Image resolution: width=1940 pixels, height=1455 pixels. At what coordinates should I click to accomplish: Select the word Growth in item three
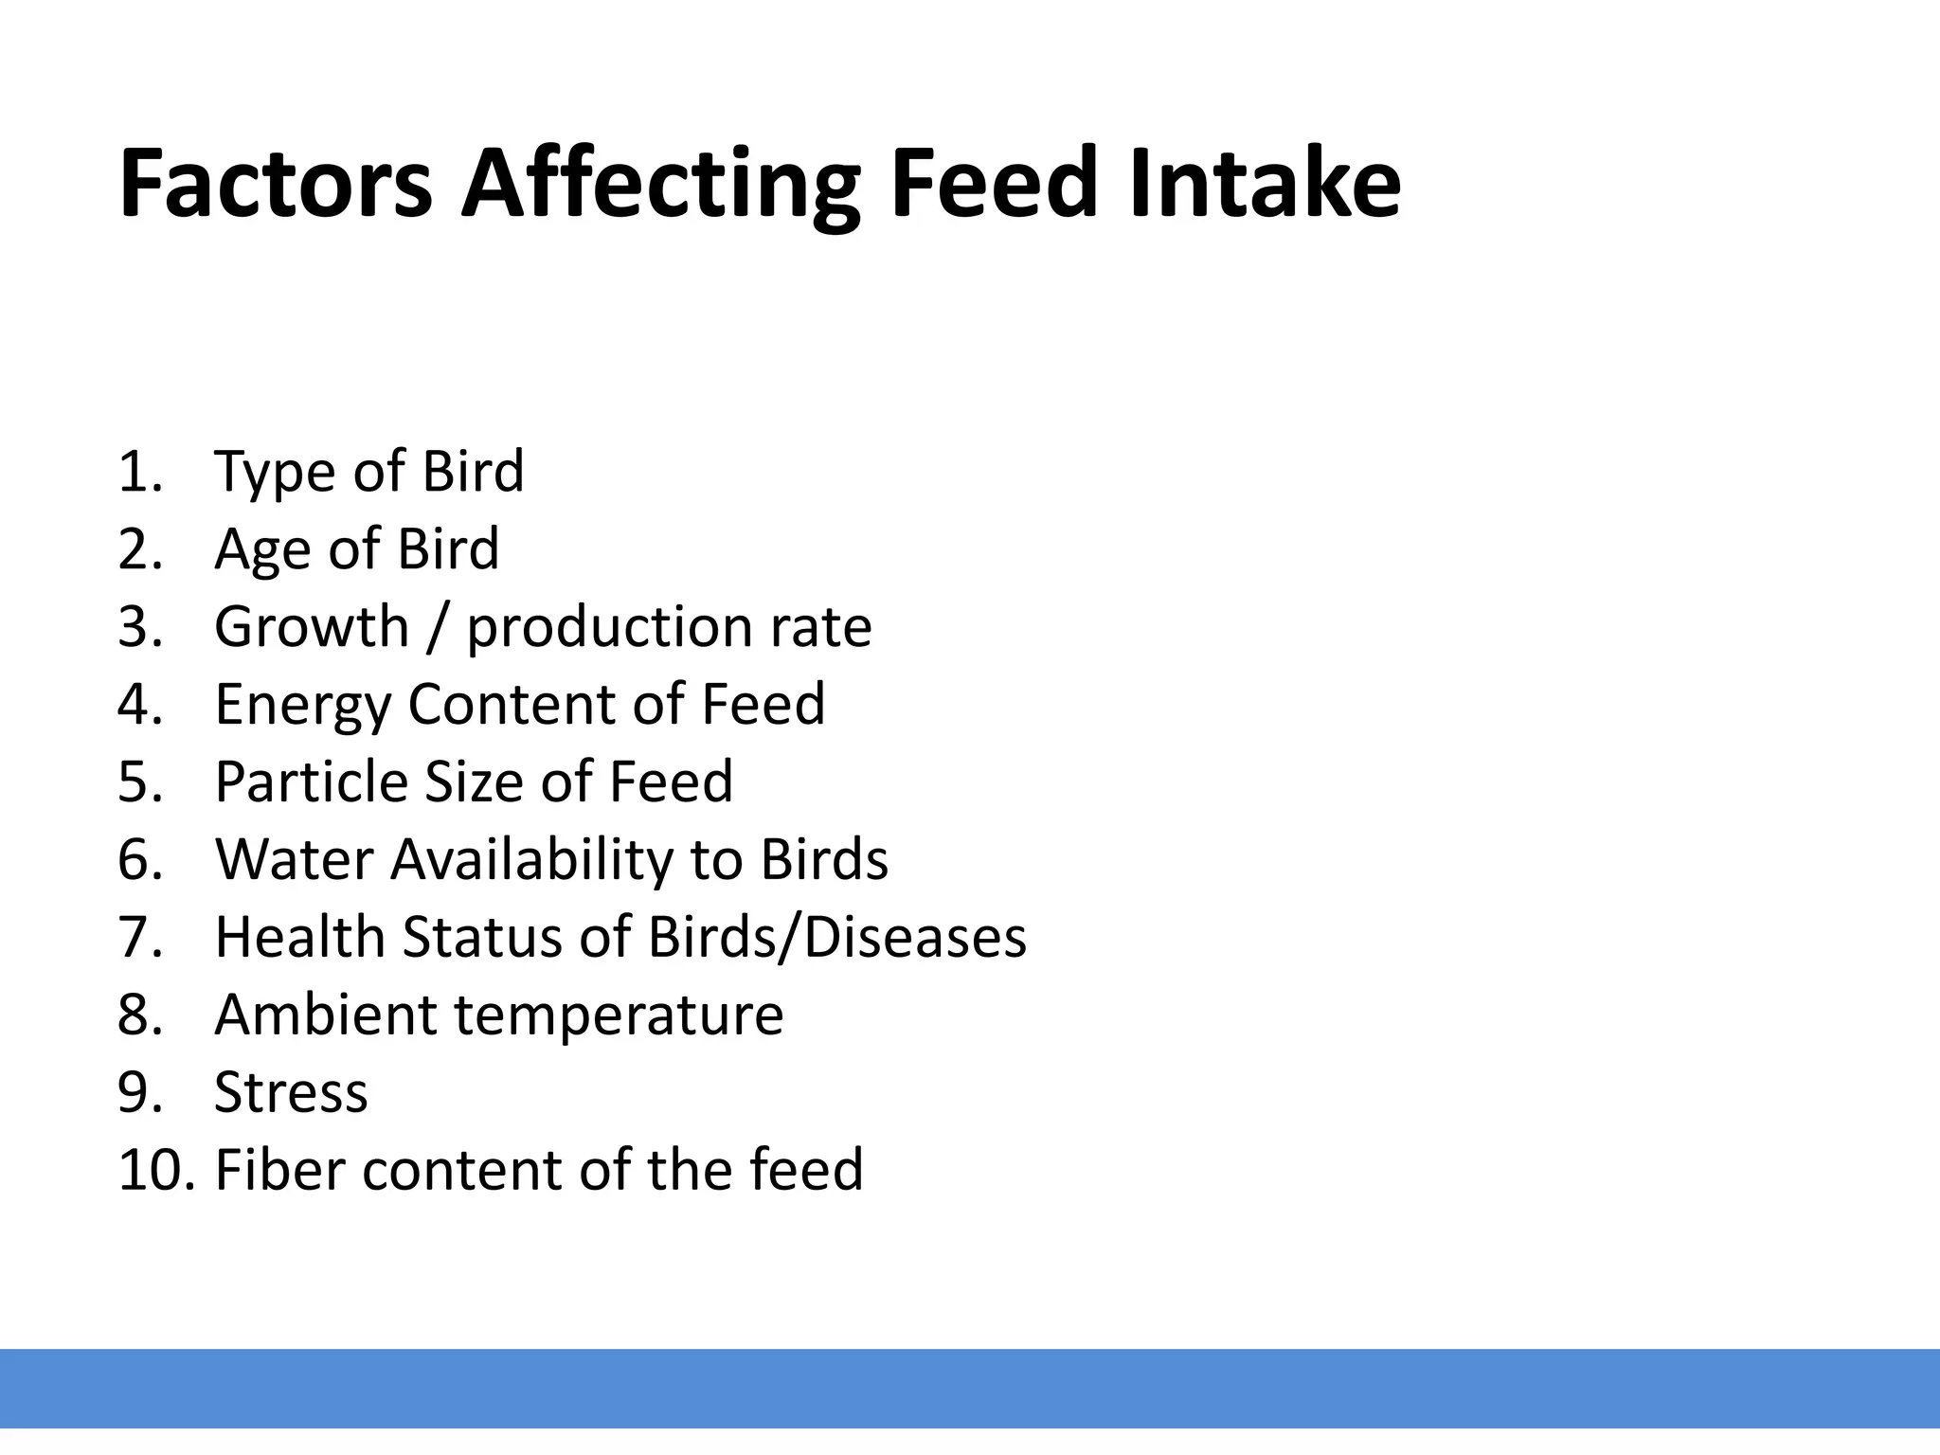click(311, 627)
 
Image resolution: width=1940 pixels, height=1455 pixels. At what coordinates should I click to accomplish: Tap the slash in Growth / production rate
click(435, 627)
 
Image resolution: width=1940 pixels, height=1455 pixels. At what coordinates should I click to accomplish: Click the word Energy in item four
click(302, 706)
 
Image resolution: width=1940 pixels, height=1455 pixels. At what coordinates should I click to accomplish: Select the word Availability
click(530, 861)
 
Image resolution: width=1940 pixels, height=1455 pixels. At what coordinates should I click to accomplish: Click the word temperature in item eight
click(619, 1016)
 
